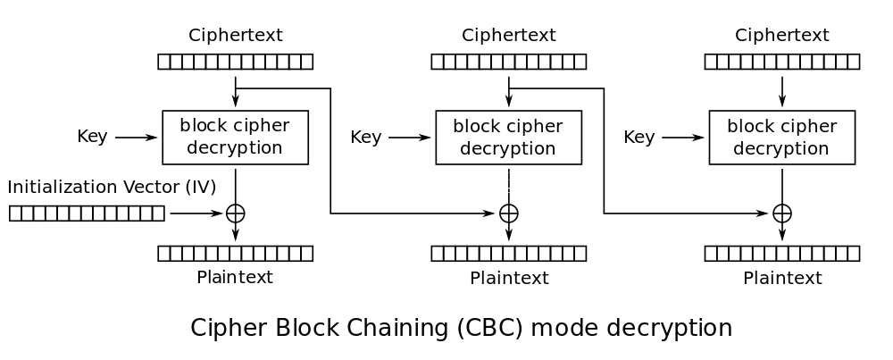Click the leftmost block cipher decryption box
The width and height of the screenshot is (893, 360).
[235, 138]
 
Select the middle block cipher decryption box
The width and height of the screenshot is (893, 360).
[508, 138]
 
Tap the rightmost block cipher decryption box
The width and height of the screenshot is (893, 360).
[781, 138]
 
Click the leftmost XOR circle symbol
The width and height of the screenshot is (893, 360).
[236, 213]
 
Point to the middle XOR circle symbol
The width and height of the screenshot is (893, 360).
[509, 213]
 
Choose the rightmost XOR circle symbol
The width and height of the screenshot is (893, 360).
[782, 213]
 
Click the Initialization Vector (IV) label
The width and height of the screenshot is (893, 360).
[112, 188]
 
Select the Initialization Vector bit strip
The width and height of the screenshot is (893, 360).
[87, 213]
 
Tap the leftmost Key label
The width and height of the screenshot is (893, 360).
[92, 137]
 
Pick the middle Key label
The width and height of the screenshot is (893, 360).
[365, 137]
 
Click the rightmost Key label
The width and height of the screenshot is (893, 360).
[638, 137]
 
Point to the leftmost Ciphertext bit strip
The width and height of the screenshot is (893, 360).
[235, 62]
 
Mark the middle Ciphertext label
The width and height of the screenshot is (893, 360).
[508, 36]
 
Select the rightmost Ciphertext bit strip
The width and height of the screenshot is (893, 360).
[781, 62]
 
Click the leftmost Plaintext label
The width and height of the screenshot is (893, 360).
[235, 277]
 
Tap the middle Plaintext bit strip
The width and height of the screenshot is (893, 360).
[508, 254]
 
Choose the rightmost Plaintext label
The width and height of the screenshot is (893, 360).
[781, 278]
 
